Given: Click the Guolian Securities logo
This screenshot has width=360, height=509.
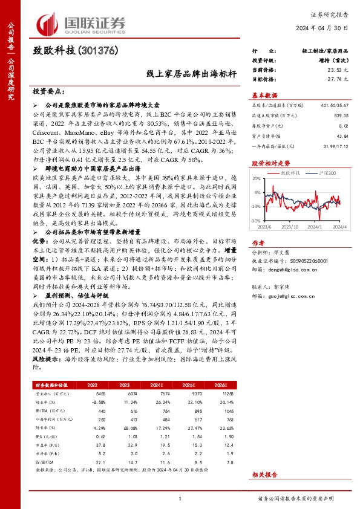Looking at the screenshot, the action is pyautogui.click(x=82, y=22).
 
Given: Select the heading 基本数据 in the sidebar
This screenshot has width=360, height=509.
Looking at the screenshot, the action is pyautogui.click(x=264, y=95).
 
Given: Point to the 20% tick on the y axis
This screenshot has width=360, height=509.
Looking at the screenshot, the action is pyautogui.click(x=257, y=179).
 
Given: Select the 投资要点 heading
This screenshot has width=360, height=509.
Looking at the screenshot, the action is pyautogui.click(x=48, y=91).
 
